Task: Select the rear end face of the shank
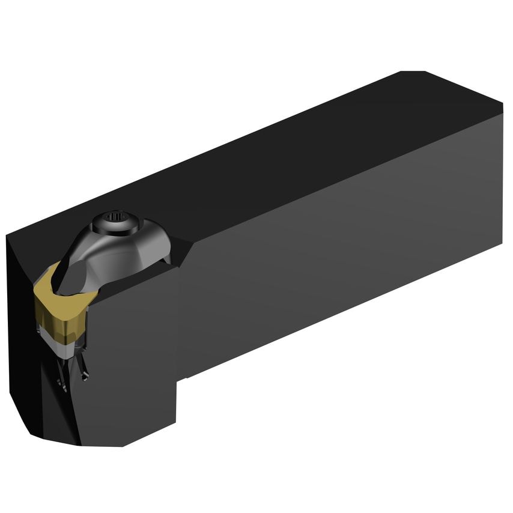click(x=501, y=174)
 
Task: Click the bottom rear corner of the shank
click(x=500, y=244)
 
